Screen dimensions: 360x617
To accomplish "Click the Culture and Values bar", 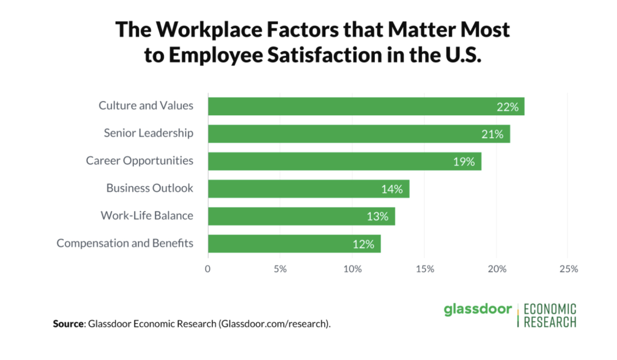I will pos(366,106).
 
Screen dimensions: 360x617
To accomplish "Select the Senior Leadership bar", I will pos(359,134).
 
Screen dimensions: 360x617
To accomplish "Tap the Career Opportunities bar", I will pos(344,162).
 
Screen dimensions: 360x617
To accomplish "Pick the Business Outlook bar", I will pos(308,189).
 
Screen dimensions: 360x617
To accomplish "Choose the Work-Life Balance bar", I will pos(301,216).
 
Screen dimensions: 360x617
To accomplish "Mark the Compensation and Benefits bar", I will pos(294,244).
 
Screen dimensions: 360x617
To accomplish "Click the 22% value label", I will pos(507,107).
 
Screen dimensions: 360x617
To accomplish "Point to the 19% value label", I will pos(464,162).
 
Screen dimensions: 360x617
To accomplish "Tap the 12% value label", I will pos(363,244).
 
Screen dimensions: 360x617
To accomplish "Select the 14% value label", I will pos(392,189).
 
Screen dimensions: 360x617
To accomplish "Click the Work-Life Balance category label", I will pos(147,216).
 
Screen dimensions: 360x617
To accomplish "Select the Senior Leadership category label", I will pos(149,133).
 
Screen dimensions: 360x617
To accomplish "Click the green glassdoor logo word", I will pos(477,310).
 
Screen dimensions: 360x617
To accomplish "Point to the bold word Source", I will pos(67,324).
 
